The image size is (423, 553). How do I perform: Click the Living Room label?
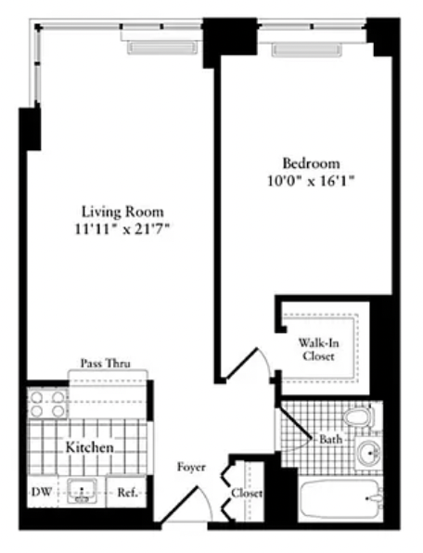coord(122,212)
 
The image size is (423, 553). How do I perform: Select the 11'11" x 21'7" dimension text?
coord(122,229)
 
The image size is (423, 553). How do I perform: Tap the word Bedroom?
coord(312,163)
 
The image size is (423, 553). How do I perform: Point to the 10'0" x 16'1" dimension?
coord(311,181)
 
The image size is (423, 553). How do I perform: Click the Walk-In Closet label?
coord(318,349)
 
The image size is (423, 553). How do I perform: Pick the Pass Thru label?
coord(106,364)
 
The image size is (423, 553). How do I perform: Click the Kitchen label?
coord(90,447)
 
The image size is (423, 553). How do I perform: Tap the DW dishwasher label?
coord(42,492)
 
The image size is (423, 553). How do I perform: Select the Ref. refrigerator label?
coord(127,493)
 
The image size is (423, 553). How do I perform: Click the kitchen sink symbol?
coord(83,491)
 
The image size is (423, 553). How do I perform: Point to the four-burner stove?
coord(47,404)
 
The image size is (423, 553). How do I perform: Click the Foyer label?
coord(191,467)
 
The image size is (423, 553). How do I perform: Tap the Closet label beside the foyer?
coord(247,493)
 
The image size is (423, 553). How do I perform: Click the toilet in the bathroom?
coord(359,417)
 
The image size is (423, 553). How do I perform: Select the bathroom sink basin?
coord(368,453)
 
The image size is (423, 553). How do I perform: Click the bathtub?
coord(340,499)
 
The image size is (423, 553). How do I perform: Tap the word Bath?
coord(330,440)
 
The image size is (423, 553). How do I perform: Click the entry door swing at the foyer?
coord(186,504)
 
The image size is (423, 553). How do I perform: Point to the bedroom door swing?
coord(249,364)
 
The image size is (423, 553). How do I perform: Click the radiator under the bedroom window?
coord(307,50)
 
